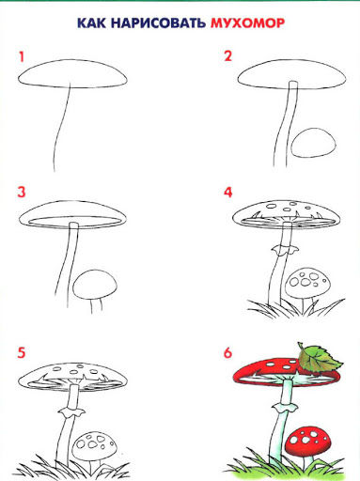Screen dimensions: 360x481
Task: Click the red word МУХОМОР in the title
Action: [x=247, y=23]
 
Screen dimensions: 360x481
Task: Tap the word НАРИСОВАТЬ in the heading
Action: [x=158, y=23]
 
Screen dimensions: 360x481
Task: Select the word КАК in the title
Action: [x=91, y=23]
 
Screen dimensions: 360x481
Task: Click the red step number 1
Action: [x=22, y=57]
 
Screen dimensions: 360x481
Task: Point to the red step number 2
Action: [x=227, y=56]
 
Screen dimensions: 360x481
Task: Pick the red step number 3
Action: [x=22, y=192]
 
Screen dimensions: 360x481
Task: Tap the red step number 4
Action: [x=228, y=192]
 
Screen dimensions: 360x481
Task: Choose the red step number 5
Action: [x=21, y=352]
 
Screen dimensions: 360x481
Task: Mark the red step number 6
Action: [x=227, y=352]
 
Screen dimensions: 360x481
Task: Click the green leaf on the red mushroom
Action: [x=318, y=360]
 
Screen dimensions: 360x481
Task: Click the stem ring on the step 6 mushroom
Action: [x=285, y=409]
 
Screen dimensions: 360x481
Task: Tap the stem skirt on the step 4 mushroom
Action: [x=285, y=250]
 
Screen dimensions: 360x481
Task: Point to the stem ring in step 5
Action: [x=71, y=412]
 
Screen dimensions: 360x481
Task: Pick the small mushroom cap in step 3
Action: [x=95, y=286]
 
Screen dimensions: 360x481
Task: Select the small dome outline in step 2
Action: [x=313, y=143]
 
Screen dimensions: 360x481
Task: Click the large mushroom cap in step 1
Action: [x=72, y=74]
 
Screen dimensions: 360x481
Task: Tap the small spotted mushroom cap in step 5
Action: [x=95, y=446]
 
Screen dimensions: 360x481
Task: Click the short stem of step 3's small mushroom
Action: [x=96, y=305]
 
